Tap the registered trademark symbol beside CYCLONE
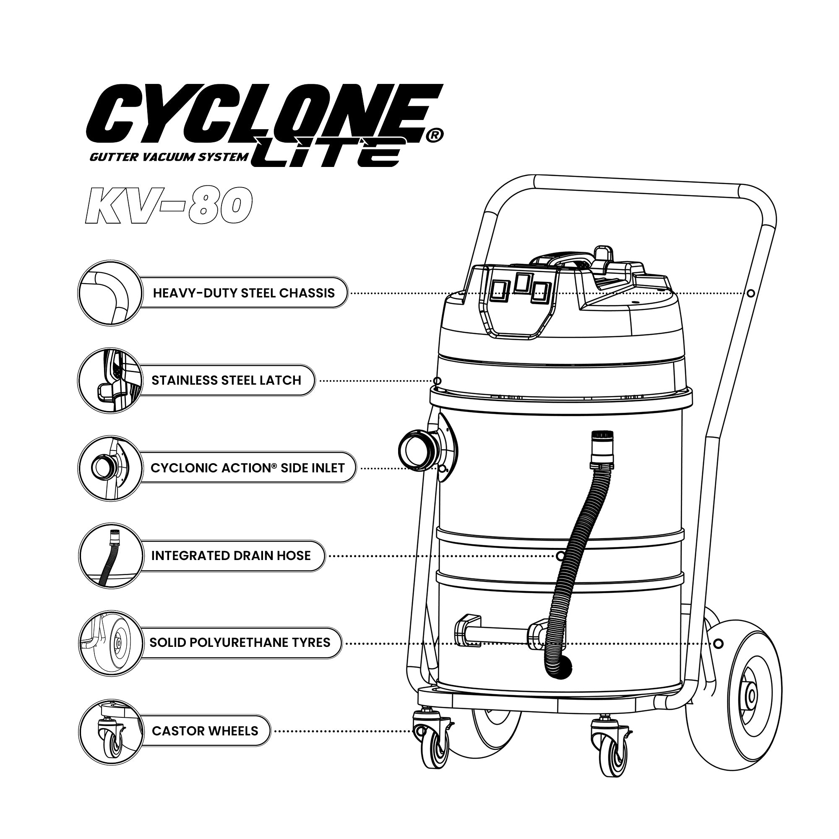[434, 135]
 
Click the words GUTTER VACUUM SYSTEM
[169, 157]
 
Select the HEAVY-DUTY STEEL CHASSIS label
[244, 293]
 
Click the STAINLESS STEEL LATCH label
[226, 380]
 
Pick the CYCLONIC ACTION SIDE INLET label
[248, 468]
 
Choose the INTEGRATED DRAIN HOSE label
[231, 555]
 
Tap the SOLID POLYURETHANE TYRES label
[240, 642]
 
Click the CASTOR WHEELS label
[205, 731]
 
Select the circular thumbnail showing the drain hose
[111, 556]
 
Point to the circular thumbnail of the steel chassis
[111, 293]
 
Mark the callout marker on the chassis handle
[751, 293]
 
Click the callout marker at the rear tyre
[718, 643]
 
